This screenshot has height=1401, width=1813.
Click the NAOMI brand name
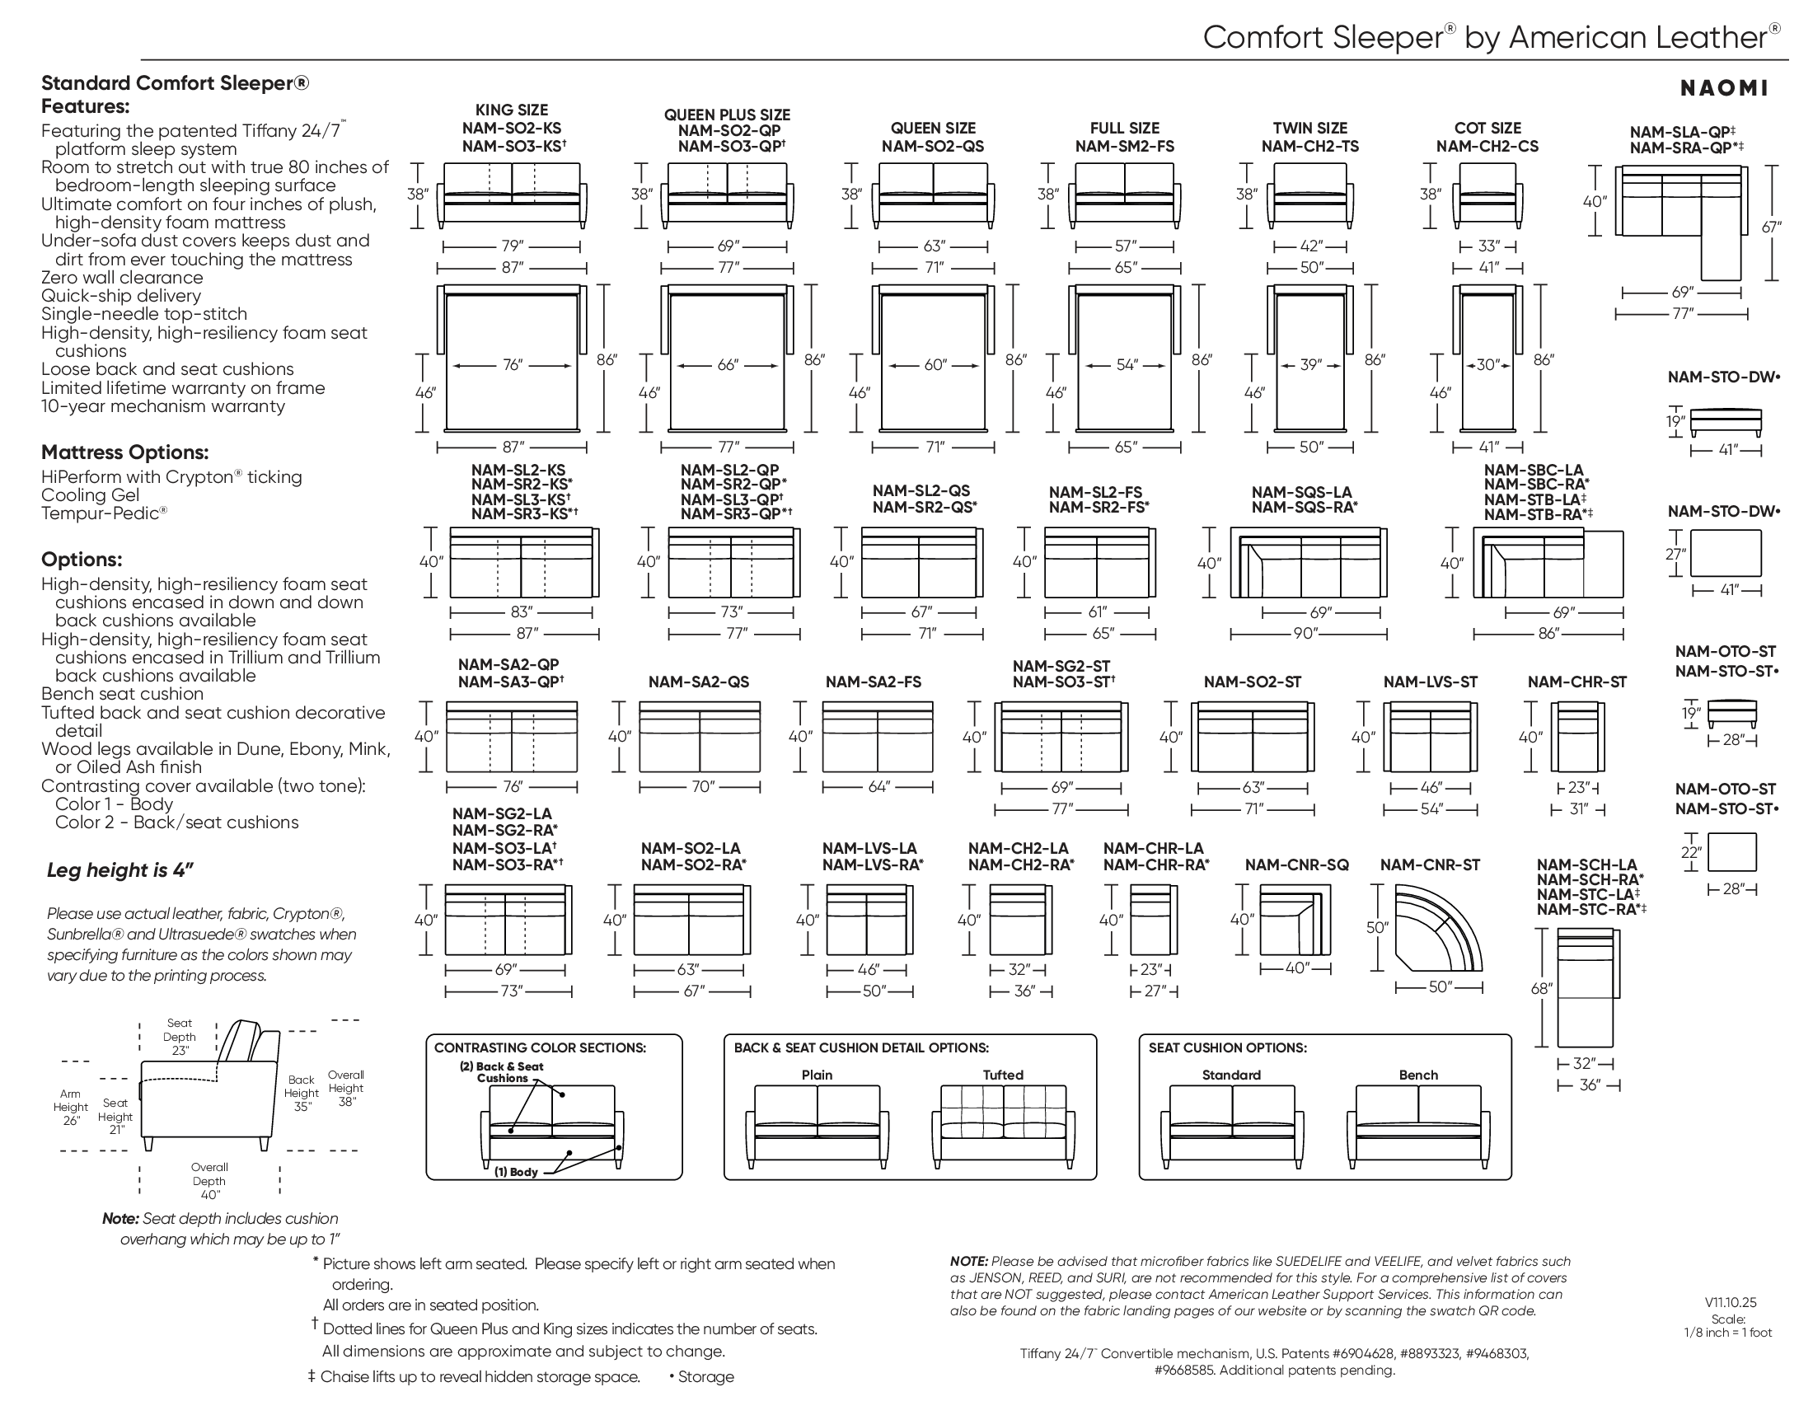click(1723, 89)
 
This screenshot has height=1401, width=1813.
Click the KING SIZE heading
click(512, 110)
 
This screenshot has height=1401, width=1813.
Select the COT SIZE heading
click(1487, 129)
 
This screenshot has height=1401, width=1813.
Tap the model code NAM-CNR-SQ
click(1296, 864)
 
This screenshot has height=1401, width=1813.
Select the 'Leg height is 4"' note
click(120, 869)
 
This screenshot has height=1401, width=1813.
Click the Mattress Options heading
click(124, 452)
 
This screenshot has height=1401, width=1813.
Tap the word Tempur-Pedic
click(101, 513)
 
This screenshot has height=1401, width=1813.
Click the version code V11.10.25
click(1731, 1302)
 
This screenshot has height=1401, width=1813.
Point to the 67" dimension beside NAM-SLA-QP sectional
click(1772, 226)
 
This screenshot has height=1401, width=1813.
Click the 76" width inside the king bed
click(513, 365)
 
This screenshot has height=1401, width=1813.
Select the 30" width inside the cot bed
click(1487, 364)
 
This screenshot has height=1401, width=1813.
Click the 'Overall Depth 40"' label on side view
click(209, 1180)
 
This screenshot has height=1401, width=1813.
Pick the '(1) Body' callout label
click(517, 1172)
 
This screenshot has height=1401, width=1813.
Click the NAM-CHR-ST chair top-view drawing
click(1578, 737)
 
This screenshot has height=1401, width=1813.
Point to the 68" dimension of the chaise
click(1542, 988)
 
